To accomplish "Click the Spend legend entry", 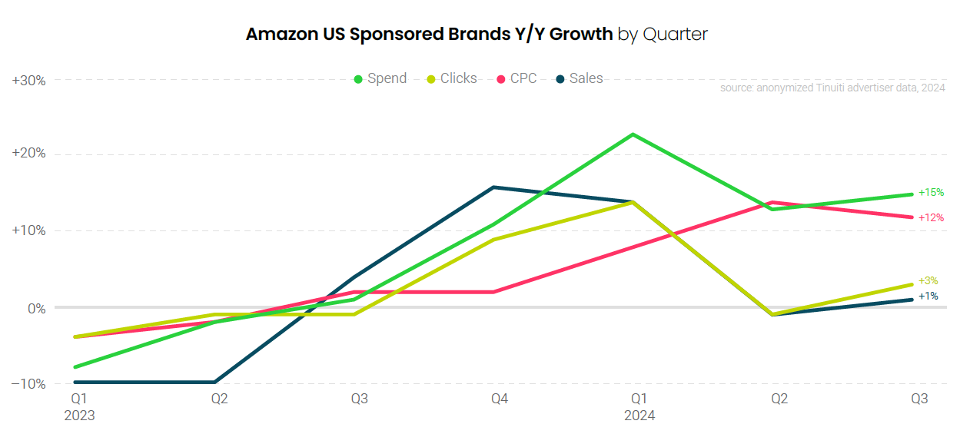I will (380, 78).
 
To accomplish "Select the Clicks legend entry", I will (452, 78).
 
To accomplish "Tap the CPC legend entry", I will (517, 78).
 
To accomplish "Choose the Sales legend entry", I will (580, 78).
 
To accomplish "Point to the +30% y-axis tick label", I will (29, 80).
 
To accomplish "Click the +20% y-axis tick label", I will (29, 154).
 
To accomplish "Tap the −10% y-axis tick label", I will (29, 383).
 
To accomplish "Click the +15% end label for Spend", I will (931, 192).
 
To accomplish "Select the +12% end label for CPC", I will (931, 217).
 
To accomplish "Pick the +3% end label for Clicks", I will (928, 281).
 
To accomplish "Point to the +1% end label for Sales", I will (928, 296).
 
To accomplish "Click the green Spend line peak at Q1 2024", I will (633, 134).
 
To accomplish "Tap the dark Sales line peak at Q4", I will (493, 187).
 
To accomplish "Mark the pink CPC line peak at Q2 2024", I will (772, 202).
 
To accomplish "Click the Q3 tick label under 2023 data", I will (360, 399).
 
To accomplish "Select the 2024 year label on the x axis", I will (639, 416).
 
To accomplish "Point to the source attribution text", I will (832, 88).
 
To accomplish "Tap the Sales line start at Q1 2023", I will (75, 382).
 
